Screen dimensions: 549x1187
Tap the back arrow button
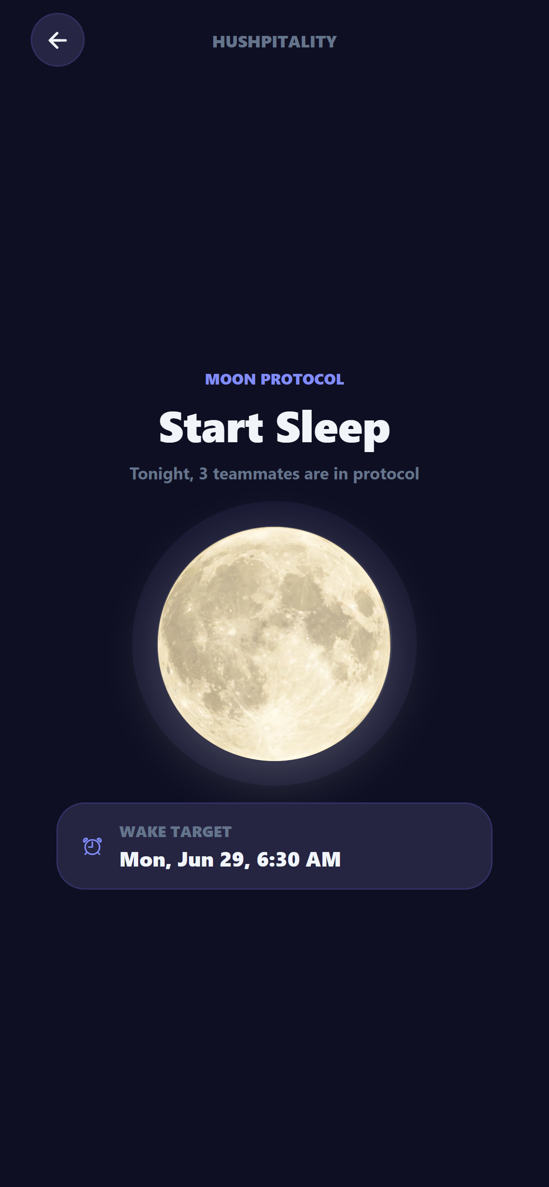click(58, 40)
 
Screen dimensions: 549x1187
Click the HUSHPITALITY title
click(274, 42)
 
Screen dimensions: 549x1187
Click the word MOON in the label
click(230, 379)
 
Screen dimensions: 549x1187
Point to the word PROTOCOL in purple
click(302, 379)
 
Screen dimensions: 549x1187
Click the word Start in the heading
click(211, 427)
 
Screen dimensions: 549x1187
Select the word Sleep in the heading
click(333, 429)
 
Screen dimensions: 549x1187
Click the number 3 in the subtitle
click(203, 474)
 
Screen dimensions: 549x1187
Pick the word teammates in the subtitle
click(256, 474)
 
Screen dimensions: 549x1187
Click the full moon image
click(274, 644)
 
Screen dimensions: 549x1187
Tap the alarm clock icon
click(92, 846)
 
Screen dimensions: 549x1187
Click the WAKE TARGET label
click(176, 832)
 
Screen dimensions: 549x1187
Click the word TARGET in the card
click(201, 832)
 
